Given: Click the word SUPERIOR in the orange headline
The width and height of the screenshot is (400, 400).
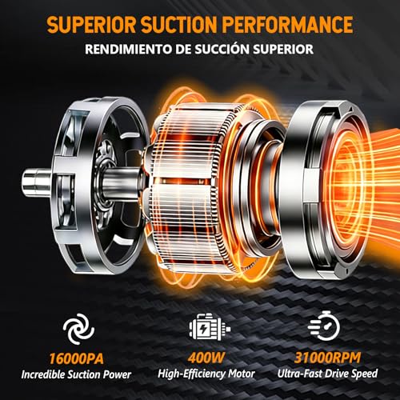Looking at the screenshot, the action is (91, 25).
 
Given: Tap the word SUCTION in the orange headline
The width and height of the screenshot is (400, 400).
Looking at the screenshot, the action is (179, 25).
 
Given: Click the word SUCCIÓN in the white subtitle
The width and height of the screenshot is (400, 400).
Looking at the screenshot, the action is (222, 49).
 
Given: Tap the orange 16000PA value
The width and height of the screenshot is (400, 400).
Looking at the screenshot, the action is (76, 358).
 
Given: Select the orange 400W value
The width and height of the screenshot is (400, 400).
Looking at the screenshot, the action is (206, 358).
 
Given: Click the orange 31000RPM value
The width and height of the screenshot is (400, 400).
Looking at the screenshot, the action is (327, 358).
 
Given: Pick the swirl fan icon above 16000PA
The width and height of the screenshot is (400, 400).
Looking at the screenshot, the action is (78, 329).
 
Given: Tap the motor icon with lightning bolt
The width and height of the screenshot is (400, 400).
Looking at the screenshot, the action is (210, 327).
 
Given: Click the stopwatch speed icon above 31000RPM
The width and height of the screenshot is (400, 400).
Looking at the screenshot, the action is (324, 326).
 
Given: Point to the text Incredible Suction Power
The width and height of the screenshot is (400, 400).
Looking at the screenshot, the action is (76, 374).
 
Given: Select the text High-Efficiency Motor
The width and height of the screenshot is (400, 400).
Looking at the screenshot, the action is (206, 374).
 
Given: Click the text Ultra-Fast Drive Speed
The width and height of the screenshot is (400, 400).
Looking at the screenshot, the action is (327, 374).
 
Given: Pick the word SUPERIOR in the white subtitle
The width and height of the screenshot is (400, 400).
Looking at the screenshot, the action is (283, 49).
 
